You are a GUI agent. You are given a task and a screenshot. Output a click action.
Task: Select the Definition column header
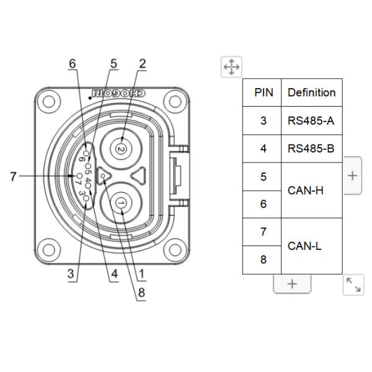[311, 92]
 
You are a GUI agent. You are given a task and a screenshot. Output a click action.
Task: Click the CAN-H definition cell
[311, 190]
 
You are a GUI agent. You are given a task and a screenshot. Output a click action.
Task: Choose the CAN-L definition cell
[311, 246]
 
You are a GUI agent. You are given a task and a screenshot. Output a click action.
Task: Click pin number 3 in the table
[263, 120]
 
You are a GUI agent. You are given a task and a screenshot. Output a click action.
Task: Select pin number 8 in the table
[263, 260]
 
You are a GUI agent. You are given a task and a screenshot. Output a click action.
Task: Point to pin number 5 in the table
[263, 177]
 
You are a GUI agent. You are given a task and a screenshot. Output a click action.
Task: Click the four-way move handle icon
[231, 66]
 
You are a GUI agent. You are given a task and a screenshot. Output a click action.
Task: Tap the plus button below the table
[292, 283]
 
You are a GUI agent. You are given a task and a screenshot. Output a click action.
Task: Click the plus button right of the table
[352, 175]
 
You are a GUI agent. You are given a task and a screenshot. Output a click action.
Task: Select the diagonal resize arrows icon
[353, 285]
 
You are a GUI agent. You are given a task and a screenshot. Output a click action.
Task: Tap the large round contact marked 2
[122, 149]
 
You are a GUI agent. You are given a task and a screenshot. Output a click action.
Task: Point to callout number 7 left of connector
[14, 176]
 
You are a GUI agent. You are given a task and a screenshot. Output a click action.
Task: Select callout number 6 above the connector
[73, 63]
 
